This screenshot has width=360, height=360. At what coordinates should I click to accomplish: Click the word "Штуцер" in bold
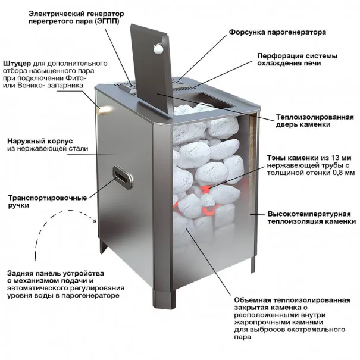[x=16, y=62]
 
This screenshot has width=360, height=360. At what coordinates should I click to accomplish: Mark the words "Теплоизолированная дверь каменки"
[x=315, y=122]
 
